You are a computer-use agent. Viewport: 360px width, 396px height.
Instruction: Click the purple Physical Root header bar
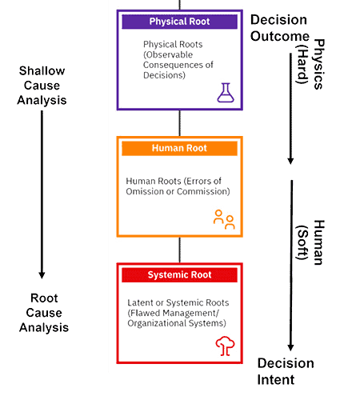[180, 22]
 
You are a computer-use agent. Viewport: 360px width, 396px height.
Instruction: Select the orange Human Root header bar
[180, 148]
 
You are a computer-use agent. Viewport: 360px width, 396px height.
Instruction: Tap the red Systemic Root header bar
[180, 275]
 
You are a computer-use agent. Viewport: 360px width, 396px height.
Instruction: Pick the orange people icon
[224, 219]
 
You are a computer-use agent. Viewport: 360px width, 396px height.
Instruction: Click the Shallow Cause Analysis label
[42, 85]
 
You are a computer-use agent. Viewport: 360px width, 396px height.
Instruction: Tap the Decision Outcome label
[281, 29]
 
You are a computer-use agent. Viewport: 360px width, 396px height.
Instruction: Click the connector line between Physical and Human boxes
[180, 122]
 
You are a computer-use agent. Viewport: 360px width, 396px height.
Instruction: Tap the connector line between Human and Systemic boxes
[180, 250]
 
